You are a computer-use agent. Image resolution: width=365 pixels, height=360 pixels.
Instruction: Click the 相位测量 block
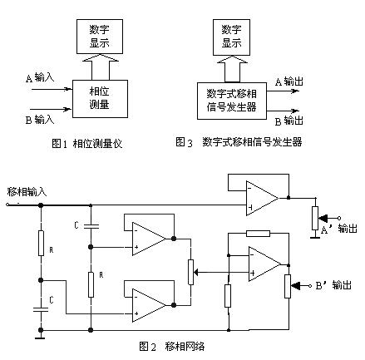pos(100,99)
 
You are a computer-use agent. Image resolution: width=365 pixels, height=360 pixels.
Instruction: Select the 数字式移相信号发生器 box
pos(232,101)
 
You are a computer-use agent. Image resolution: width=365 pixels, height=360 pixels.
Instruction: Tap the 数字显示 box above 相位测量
pos(100,37)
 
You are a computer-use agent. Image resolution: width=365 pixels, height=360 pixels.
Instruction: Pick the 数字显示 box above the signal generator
pos(231,37)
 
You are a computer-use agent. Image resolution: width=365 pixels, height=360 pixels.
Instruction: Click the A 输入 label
pos(40,77)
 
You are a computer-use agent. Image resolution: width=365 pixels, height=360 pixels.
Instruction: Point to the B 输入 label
pos(40,120)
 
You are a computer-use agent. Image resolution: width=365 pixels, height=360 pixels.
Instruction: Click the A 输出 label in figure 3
pos(289,81)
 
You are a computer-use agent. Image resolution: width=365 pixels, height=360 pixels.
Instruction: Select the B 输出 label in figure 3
pos(289,121)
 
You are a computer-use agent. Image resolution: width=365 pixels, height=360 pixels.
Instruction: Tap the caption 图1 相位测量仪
pos(87,144)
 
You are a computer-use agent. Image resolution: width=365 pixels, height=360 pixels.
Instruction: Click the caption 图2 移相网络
pos(172,346)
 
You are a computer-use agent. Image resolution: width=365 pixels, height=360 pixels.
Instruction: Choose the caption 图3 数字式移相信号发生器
pos(239,142)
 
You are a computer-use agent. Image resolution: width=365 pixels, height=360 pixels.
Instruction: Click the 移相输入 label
pos(27,192)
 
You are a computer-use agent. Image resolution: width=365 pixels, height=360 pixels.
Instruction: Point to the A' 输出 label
pos(339,229)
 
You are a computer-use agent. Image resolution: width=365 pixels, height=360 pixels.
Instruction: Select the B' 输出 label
pos(333,285)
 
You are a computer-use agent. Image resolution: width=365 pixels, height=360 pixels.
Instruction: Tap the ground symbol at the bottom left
pos(41,336)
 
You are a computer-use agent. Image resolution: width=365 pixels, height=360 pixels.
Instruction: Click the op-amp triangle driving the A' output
pos(262,198)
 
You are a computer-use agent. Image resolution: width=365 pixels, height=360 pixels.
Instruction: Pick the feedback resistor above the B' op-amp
pos(258,234)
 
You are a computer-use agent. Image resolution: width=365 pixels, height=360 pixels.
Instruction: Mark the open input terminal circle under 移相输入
pos(7,205)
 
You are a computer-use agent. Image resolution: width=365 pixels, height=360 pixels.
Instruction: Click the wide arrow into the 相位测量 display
pos(101,67)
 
